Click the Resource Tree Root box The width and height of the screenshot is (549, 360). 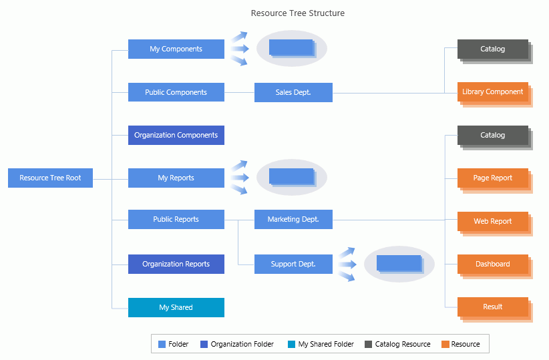pos(50,178)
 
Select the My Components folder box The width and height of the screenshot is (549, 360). pos(176,49)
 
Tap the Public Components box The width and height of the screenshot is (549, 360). pos(176,92)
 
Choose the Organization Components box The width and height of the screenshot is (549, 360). pos(176,135)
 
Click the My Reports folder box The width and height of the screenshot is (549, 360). pos(176,178)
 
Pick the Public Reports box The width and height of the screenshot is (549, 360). pos(176,219)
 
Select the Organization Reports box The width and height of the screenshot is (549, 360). pos(176,264)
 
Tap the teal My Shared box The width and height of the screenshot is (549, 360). pos(176,307)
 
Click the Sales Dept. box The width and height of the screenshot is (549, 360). pos(293,92)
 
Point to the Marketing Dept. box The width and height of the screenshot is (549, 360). pos(293,219)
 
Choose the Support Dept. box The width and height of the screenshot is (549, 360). pos(293,264)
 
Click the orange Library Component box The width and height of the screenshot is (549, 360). pos(492,92)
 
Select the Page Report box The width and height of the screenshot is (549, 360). pos(492,178)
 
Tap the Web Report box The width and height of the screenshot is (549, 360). pos(492,221)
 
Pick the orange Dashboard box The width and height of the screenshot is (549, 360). pos(492,264)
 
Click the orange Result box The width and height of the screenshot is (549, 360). pos(492,307)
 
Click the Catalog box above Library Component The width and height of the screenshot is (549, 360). pos(492,49)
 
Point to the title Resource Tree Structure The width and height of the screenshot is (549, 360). pos(298,13)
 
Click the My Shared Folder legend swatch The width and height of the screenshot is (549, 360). pos(291,345)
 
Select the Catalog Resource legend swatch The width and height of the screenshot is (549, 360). pos(368,345)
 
